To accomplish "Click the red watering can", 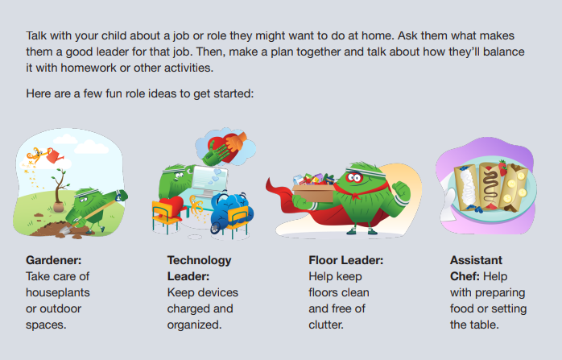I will (x=55, y=155).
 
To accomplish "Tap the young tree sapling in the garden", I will (x=60, y=192).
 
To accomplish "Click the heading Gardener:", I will (x=53, y=260).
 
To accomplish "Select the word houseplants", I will (x=60, y=292).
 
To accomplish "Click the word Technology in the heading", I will (x=199, y=260).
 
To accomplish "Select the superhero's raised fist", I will (x=403, y=187).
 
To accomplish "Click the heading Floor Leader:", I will (x=345, y=260).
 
